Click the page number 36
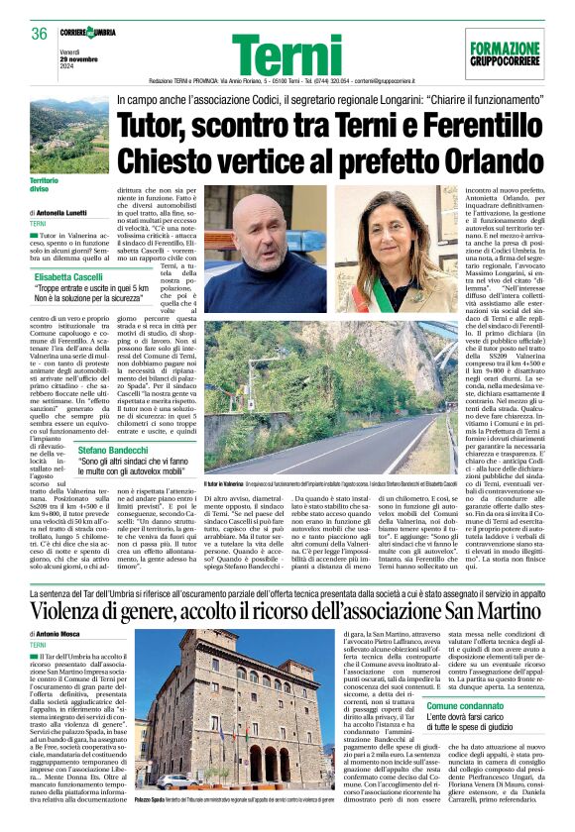[x=40, y=34]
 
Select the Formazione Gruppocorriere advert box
[x=505, y=51]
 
